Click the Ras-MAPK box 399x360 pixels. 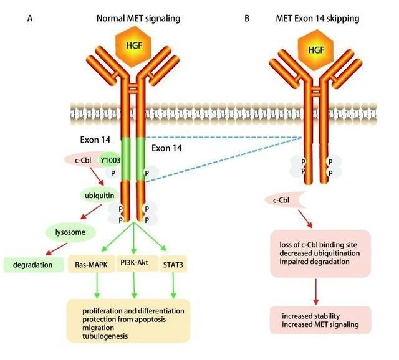click(x=92, y=265)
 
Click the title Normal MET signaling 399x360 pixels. click(x=138, y=18)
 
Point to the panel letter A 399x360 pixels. click(x=30, y=18)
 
